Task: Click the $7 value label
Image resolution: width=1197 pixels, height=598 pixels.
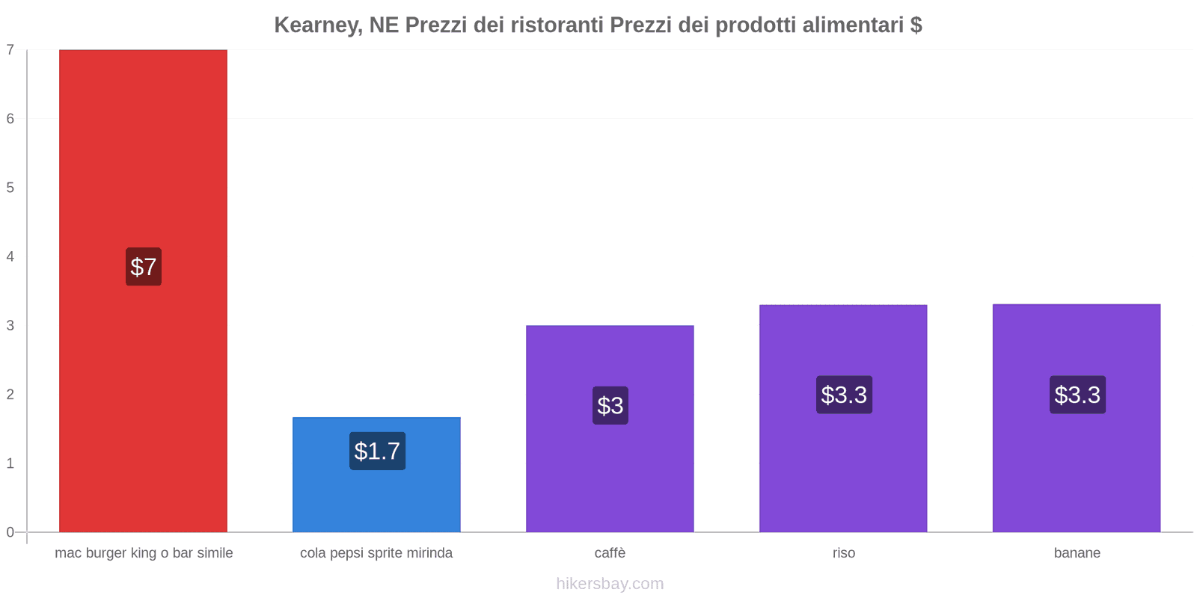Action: pyautogui.click(x=144, y=267)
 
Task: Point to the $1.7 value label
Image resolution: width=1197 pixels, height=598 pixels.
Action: pyautogui.click(x=377, y=451)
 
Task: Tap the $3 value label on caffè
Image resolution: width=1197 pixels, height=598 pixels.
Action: pyautogui.click(x=610, y=405)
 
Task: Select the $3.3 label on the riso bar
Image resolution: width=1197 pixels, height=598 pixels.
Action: pyautogui.click(x=844, y=395)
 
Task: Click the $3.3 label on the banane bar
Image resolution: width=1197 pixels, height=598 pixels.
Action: pyautogui.click(x=1077, y=395)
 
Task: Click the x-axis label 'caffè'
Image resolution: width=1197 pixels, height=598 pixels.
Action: pyautogui.click(x=610, y=553)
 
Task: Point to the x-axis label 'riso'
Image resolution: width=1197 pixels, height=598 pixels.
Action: pyautogui.click(x=844, y=553)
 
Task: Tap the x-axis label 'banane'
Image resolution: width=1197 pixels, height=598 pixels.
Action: pyautogui.click(x=1077, y=553)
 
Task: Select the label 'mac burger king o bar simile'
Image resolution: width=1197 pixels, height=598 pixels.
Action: pyautogui.click(x=144, y=553)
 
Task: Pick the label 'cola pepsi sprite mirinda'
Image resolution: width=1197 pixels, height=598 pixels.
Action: pyautogui.click(x=376, y=553)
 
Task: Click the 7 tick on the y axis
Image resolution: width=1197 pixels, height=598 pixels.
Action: pyautogui.click(x=10, y=50)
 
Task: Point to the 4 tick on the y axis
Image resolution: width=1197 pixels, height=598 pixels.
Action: pyautogui.click(x=10, y=256)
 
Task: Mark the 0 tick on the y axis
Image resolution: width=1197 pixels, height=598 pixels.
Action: pyautogui.click(x=10, y=532)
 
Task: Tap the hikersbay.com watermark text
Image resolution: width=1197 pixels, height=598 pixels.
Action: pyautogui.click(x=610, y=584)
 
